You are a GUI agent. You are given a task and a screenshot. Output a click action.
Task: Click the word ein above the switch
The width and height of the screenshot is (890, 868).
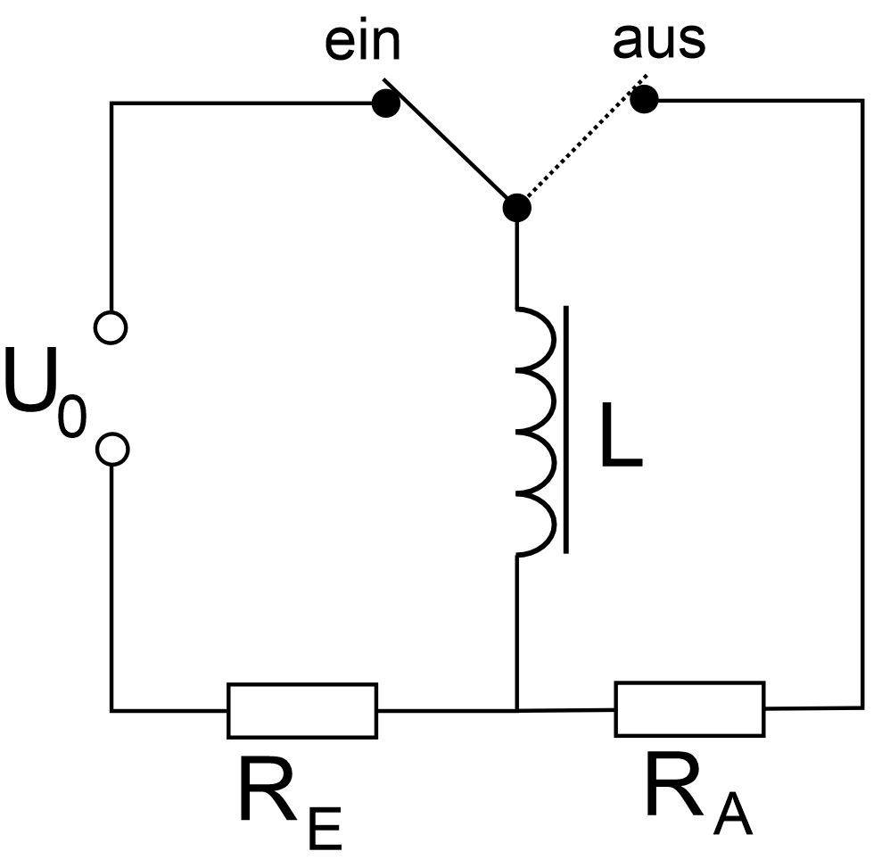[361, 43]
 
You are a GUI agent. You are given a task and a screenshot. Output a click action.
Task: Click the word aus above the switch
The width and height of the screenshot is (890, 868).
[658, 40]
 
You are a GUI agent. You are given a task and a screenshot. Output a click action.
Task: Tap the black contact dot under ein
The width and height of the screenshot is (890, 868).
[385, 103]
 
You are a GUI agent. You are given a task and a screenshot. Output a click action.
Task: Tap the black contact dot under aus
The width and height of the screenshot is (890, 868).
[644, 100]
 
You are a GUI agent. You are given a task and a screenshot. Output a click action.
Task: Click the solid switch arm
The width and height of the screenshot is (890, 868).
[450, 154]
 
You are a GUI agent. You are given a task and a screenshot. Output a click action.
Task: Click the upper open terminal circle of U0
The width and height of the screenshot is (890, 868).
[111, 327]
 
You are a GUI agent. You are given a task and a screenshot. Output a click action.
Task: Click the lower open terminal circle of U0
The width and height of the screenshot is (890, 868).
[111, 449]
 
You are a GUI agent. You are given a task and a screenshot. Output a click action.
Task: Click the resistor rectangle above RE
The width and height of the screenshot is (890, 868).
[302, 710]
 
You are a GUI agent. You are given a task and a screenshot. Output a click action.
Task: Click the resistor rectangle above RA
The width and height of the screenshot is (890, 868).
[689, 709]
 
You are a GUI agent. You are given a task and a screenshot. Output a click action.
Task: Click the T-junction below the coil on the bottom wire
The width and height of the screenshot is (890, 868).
[517, 710]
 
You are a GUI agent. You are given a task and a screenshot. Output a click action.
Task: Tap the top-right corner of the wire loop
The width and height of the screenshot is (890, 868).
[862, 101]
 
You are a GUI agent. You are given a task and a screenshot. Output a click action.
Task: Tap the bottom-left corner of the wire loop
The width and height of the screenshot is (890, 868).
[111, 710]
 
